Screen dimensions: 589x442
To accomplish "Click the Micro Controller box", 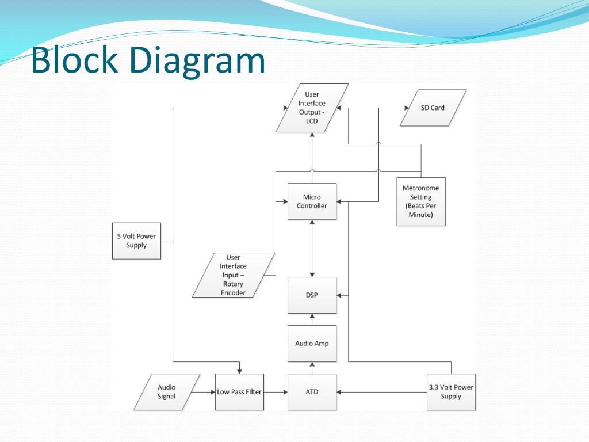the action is (x=312, y=201).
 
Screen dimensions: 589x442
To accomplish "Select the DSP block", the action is (x=312, y=295).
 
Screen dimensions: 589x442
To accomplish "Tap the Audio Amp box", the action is (x=312, y=344).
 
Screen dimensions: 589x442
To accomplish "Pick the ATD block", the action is (x=312, y=392).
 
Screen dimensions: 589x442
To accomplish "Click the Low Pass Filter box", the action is (x=239, y=392).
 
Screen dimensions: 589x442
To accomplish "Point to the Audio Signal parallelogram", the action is (x=167, y=392).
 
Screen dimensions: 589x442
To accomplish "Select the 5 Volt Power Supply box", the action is (x=136, y=241).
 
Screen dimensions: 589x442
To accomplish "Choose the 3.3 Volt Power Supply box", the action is (x=451, y=392).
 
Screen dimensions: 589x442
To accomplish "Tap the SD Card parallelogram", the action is (x=433, y=108).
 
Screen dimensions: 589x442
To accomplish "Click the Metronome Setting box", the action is (x=421, y=201).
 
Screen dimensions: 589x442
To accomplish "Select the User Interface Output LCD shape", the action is (x=312, y=108).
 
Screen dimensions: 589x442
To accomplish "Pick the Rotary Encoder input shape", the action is (x=234, y=275).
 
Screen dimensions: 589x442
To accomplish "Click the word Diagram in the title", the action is (x=197, y=60).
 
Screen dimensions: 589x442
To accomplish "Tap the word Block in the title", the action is (x=74, y=59).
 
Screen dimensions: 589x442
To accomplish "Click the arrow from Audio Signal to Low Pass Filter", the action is (x=204, y=392).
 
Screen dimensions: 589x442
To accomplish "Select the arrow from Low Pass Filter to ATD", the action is (x=276, y=392).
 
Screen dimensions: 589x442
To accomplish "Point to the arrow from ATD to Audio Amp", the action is (x=312, y=368).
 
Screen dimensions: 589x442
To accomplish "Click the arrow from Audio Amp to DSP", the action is (x=312, y=319).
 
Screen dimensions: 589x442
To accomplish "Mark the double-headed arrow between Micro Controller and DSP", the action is (x=312, y=249).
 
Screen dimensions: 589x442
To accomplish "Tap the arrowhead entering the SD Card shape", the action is (x=407, y=108).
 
